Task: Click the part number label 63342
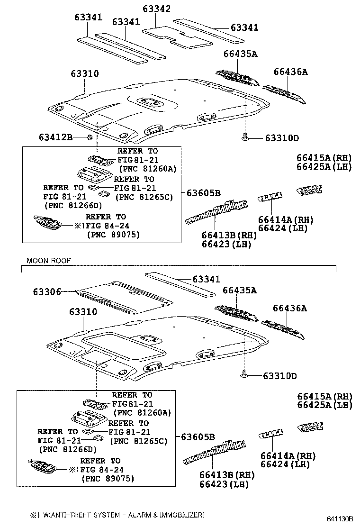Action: (x=157, y=9)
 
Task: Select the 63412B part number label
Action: (x=55, y=137)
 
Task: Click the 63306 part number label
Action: (x=47, y=292)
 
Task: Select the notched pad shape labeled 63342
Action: (x=178, y=36)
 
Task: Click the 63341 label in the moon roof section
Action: (x=206, y=280)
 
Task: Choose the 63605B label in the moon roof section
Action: (x=198, y=436)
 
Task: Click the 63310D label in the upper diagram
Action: (x=282, y=138)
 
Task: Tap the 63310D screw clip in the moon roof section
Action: (x=244, y=376)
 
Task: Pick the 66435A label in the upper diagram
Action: (x=240, y=54)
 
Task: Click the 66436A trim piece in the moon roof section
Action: (x=283, y=329)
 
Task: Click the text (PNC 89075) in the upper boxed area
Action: (x=113, y=235)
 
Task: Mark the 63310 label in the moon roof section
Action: (x=84, y=312)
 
